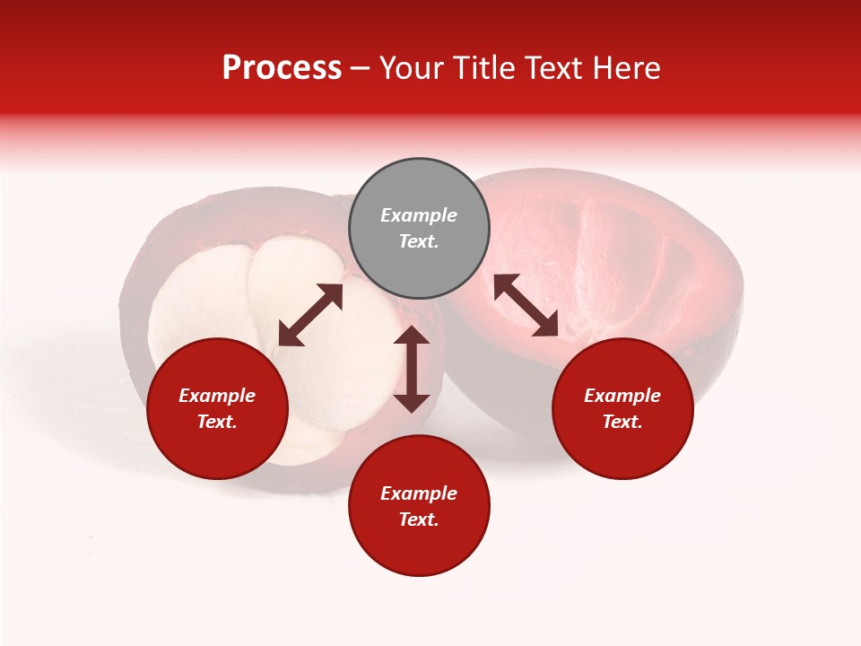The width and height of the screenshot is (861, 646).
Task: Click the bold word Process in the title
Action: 282,68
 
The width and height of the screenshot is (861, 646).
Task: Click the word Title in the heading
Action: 483,68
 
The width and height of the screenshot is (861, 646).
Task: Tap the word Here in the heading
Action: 628,68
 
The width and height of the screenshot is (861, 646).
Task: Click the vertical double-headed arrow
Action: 412,369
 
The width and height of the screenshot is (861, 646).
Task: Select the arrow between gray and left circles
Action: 310,315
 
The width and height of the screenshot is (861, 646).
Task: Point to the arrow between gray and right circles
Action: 526,305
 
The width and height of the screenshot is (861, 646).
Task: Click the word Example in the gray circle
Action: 419,215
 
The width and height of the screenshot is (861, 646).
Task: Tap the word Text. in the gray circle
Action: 419,241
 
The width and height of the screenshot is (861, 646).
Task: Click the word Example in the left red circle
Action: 217,396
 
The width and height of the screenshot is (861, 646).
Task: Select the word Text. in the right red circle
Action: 622,422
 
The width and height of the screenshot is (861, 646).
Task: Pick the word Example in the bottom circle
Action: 419,493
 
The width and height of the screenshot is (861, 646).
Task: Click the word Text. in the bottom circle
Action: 419,519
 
